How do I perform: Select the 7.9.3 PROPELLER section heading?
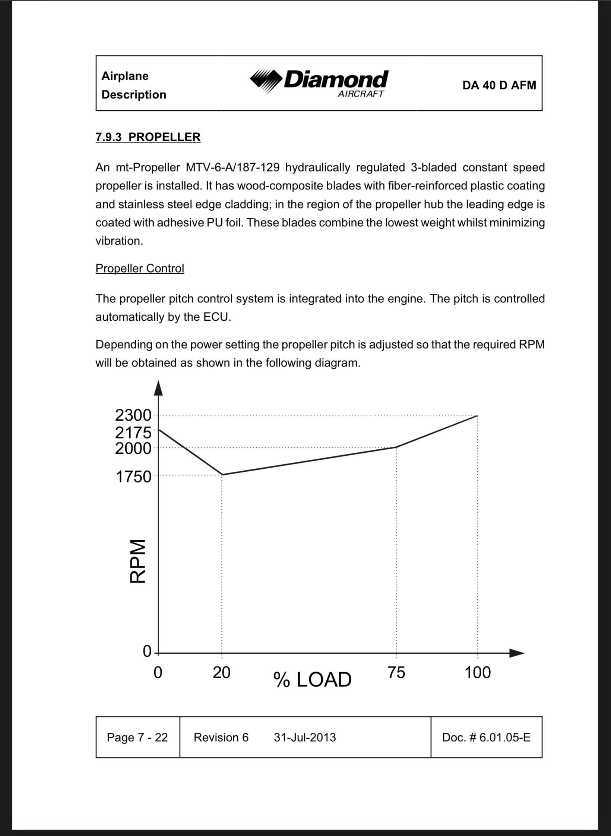[148, 137]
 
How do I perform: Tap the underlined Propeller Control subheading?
[140, 268]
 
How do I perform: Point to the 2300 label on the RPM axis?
[133, 415]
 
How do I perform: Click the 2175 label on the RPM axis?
[133, 433]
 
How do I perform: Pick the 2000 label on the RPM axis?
[133, 448]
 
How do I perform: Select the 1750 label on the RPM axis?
[133, 477]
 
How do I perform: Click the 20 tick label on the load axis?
[221, 673]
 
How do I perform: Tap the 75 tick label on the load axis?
[396, 673]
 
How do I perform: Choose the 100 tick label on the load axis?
[477, 673]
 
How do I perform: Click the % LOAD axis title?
[312, 679]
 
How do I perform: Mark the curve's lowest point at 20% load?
[222, 475]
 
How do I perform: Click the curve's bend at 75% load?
[396, 447]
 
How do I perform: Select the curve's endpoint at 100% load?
[477, 415]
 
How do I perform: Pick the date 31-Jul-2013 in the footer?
[305, 737]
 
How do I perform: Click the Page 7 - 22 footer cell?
[137, 737]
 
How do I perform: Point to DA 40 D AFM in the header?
[499, 85]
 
